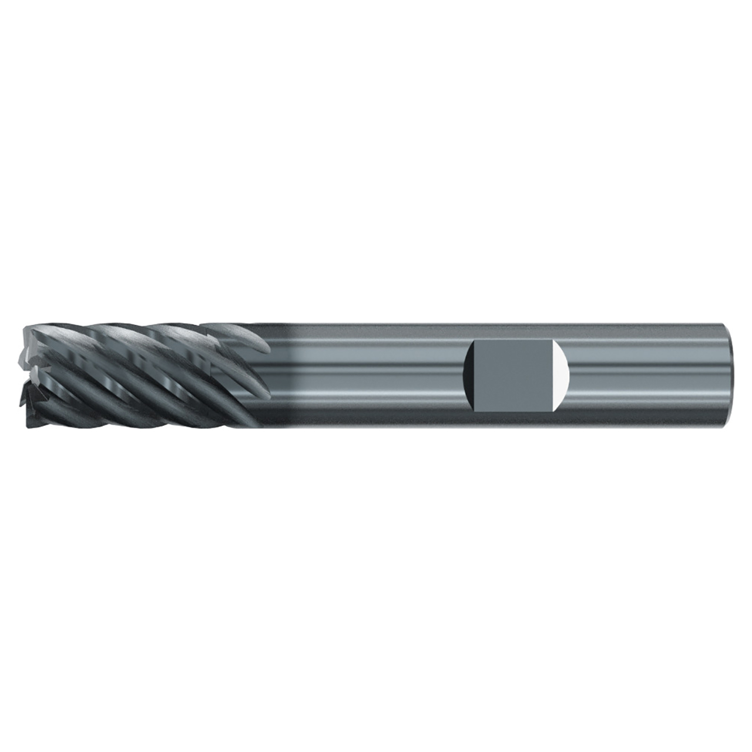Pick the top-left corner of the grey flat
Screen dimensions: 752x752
pos(475,342)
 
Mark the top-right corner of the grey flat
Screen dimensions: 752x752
pos(553,342)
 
